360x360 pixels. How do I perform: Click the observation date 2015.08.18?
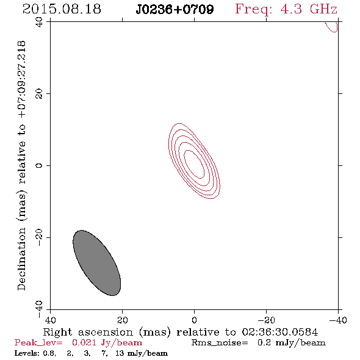click(x=62, y=9)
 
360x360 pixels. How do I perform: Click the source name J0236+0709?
click(x=175, y=10)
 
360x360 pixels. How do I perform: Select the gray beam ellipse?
click(x=96, y=263)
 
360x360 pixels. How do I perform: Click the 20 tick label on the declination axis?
click(x=39, y=94)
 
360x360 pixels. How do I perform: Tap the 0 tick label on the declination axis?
click(x=39, y=165)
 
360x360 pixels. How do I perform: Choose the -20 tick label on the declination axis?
click(x=39, y=237)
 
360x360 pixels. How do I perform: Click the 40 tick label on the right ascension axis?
click(x=50, y=320)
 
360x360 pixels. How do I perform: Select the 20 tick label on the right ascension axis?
click(x=123, y=320)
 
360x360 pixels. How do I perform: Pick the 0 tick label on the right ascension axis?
click(x=195, y=320)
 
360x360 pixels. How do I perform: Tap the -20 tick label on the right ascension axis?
click(x=266, y=320)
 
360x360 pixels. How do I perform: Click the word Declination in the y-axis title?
click(x=21, y=259)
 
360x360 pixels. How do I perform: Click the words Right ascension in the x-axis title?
click(x=88, y=332)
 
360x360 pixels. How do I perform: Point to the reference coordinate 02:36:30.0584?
click(x=280, y=332)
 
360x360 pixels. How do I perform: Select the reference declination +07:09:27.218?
click(x=22, y=79)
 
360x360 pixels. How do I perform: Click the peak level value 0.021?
click(x=84, y=342)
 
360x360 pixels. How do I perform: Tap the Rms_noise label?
click(x=220, y=343)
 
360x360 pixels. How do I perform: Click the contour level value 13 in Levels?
click(x=120, y=353)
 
